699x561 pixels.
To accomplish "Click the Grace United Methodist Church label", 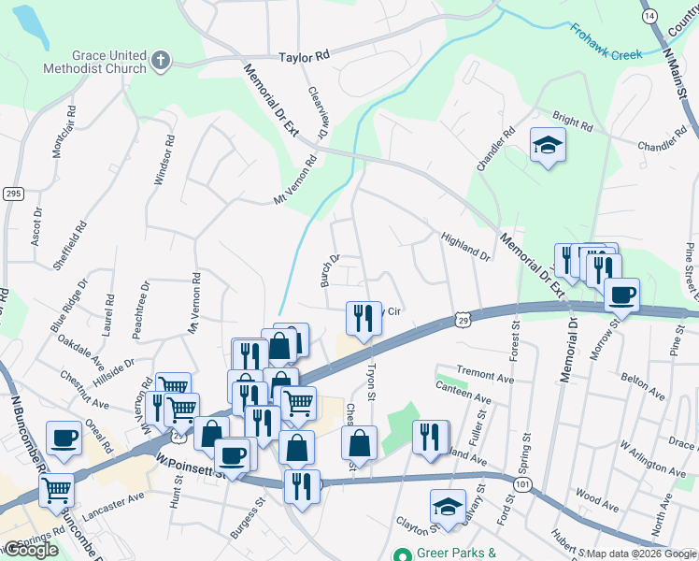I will click(95, 61).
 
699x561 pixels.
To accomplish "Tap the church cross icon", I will click(161, 62).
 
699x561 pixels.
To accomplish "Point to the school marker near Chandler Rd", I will click(548, 145).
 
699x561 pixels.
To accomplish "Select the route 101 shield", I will click(522, 484).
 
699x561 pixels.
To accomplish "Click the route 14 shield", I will click(650, 16).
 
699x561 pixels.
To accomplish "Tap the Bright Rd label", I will click(567, 121).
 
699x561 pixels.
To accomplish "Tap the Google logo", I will click(30, 550).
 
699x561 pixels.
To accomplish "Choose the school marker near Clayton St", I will click(448, 506).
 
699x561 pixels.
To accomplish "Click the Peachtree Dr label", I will click(142, 310).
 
